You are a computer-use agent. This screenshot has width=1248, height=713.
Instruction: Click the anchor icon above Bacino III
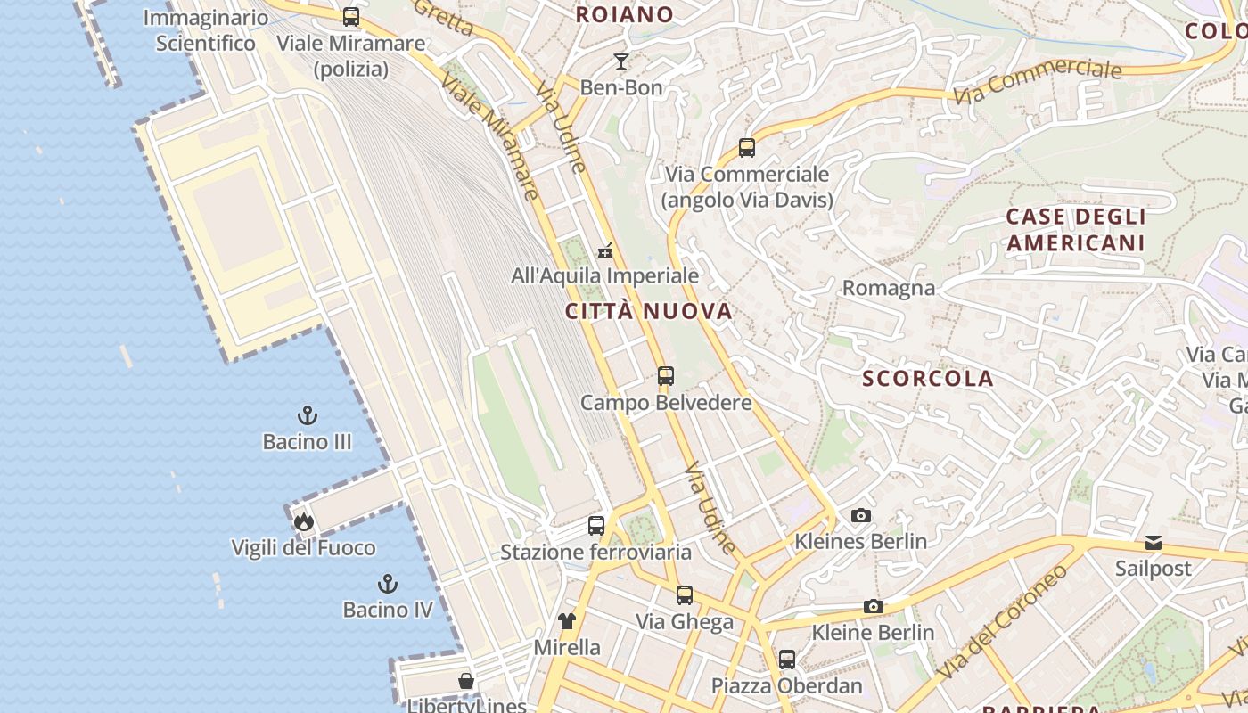coord(307,415)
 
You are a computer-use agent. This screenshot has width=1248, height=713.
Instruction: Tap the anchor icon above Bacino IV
coord(387,584)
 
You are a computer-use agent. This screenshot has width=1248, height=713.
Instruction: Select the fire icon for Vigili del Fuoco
coord(304,521)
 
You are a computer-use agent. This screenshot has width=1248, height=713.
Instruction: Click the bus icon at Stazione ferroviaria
coord(596,526)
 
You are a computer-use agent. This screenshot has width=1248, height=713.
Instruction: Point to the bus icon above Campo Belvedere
coord(666,376)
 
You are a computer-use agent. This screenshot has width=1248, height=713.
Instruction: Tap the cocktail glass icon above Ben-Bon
coord(621,61)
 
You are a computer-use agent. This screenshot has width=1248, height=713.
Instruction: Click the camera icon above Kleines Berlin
coord(860,515)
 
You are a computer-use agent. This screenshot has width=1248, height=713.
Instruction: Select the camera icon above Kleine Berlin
coord(874,607)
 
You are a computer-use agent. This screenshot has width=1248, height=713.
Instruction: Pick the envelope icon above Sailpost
coord(1154,543)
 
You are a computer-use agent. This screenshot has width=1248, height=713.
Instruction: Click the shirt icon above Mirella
coord(567,621)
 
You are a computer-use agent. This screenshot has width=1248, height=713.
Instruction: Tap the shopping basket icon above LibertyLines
coord(466,682)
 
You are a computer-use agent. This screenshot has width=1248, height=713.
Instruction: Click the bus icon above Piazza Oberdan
coord(786,660)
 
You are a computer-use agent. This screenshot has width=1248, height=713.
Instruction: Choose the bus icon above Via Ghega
coord(685,594)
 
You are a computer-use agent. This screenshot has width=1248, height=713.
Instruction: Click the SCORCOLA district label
coord(927,379)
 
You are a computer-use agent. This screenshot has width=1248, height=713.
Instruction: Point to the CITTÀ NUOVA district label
coord(649,311)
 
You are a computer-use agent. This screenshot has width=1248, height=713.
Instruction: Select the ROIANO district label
coord(624,14)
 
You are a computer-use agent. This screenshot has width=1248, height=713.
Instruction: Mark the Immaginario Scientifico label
coord(206,30)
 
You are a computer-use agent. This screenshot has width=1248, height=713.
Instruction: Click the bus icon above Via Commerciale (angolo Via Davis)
coord(747,148)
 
